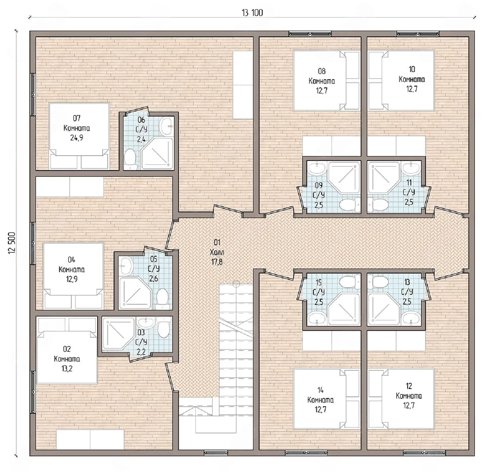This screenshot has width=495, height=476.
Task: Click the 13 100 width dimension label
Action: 252,13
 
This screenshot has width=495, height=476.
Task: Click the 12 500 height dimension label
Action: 12,243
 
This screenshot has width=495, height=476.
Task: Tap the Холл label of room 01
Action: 217,252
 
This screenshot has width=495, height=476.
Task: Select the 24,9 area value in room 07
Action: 76,138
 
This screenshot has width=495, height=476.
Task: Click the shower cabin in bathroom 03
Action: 118,334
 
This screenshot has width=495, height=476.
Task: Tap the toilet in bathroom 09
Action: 350,204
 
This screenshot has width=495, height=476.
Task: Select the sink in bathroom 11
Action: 411,168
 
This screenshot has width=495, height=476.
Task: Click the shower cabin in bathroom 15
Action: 344,309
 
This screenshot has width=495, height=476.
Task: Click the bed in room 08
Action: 326,80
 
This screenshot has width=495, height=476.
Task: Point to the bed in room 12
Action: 401,399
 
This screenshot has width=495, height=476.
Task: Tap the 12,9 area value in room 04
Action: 72,279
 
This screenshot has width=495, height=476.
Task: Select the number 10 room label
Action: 411,69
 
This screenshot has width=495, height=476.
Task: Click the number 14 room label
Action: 321,390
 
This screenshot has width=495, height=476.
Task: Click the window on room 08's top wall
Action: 310,34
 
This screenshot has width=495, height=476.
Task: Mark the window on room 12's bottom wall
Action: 424,453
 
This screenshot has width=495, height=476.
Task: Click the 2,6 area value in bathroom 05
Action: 154,279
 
